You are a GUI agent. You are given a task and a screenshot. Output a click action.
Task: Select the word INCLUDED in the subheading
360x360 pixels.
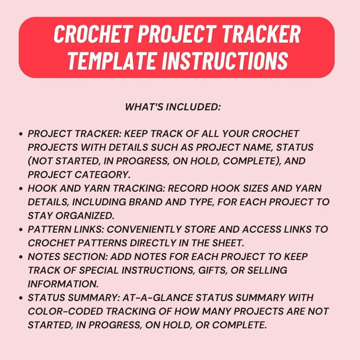pyautogui.click(x=193, y=107)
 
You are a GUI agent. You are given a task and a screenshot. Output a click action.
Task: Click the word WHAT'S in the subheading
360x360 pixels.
pyautogui.click(x=144, y=107)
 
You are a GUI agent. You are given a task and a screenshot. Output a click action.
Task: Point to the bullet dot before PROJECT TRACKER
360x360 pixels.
pyautogui.click(x=21, y=134)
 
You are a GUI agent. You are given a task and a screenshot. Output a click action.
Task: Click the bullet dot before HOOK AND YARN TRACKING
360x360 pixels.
pyautogui.click(x=21, y=189)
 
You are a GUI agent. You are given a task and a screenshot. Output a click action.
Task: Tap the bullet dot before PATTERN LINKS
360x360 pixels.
pyautogui.click(x=21, y=230)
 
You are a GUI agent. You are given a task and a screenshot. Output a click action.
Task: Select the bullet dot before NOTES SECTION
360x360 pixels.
pyautogui.click(x=21, y=257)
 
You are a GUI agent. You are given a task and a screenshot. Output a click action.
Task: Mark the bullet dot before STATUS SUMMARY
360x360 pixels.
pyautogui.click(x=21, y=298)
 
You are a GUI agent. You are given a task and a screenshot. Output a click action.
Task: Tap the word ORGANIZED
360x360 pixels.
pyautogui.click(x=84, y=215)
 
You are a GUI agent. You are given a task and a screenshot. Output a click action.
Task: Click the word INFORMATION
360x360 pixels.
pyautogui.click(x=63, y=284)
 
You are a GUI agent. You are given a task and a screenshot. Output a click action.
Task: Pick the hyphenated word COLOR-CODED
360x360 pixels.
pyautogui.click(x=65, y=311)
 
